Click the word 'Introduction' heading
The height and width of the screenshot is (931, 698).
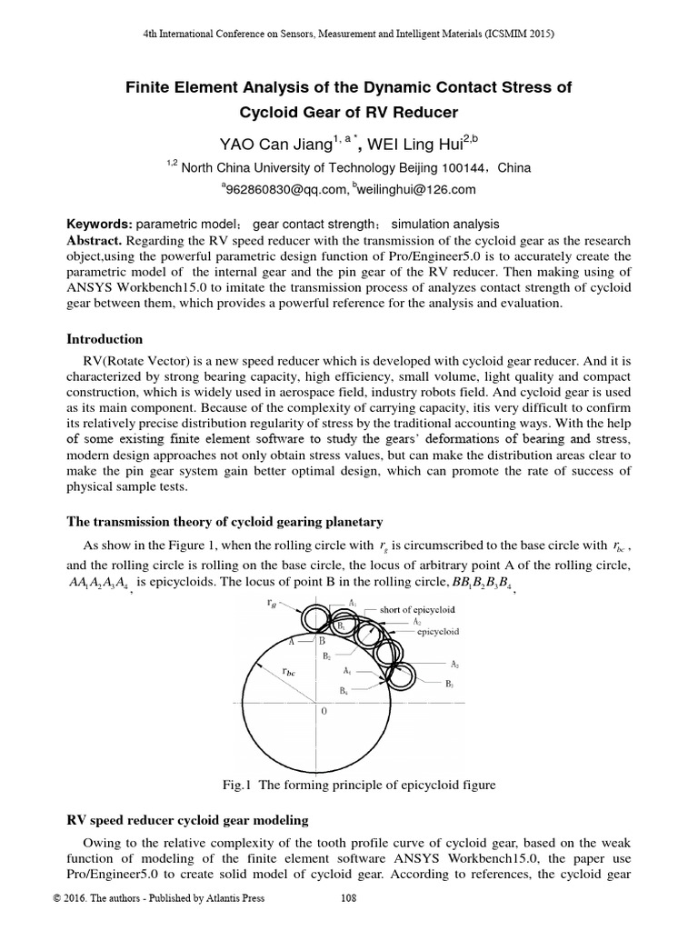coord(105,338)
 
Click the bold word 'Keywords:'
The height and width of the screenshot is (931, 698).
coord(101,224)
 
